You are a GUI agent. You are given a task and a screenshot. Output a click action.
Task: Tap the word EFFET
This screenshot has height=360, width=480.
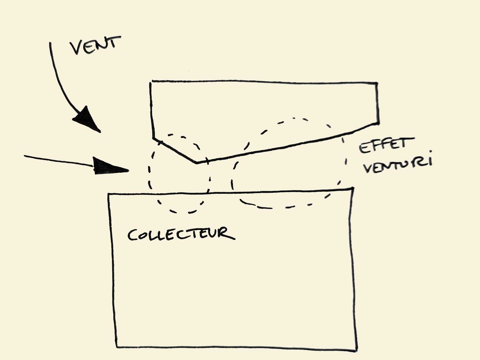click(384, 145)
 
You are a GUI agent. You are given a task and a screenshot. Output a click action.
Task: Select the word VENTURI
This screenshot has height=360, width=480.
click(397, 165)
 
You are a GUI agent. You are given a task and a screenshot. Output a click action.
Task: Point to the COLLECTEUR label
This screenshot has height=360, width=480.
click(181, 234)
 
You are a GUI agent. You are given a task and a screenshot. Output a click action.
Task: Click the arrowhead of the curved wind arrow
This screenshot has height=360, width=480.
click(86, 119)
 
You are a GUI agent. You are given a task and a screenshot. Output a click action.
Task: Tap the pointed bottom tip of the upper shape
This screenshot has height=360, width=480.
click(196, 163)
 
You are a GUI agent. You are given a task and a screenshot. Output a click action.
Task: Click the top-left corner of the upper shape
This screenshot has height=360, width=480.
click(151, 82)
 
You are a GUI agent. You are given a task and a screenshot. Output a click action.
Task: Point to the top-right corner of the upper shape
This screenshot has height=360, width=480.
click(377, 84)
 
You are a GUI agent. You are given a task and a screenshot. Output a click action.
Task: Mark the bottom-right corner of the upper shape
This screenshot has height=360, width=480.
click(378, 123)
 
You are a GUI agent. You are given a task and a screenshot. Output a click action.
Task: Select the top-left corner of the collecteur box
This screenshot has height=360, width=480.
click(109, 194)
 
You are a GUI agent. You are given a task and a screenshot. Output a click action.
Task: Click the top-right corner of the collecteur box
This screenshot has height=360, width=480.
click(352, 189)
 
